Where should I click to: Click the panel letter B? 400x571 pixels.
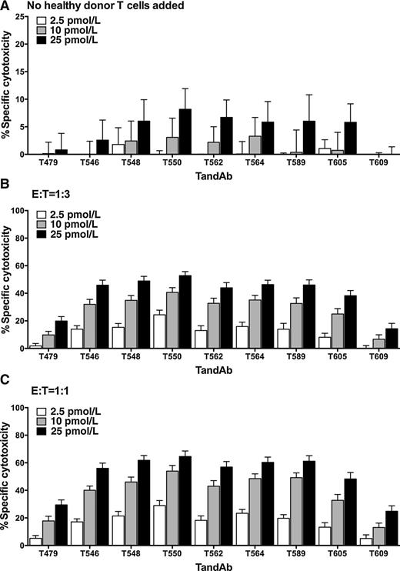pyautogui.click(x=5, y=189)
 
